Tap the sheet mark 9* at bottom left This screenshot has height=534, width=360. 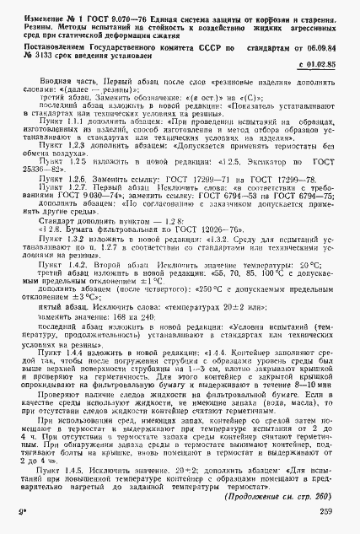pyautogui.click(x=24, y=526)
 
